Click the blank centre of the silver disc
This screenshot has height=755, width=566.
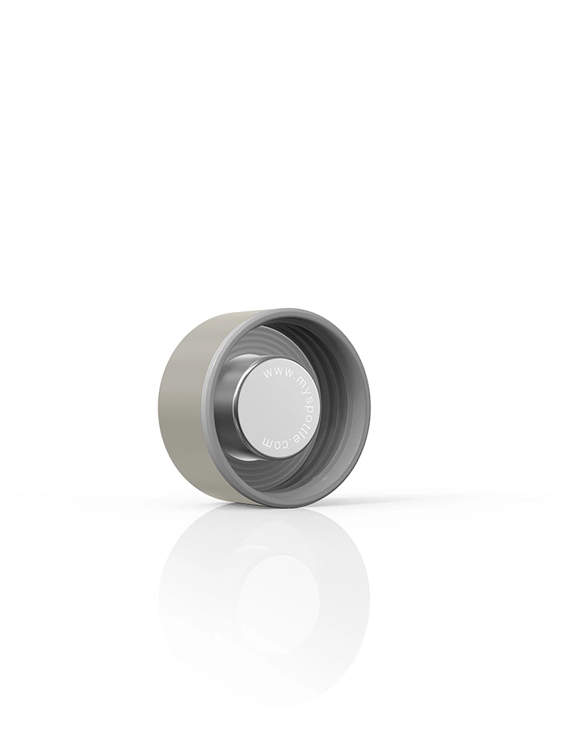coord(275,408)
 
